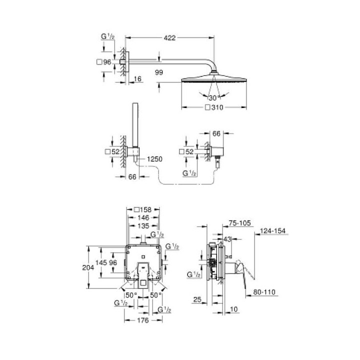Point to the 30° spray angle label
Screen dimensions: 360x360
click(x=215, y=97)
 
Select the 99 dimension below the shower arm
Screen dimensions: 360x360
click(x=159, y=73)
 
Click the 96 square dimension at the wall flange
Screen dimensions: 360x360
click(x=105, y=62)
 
